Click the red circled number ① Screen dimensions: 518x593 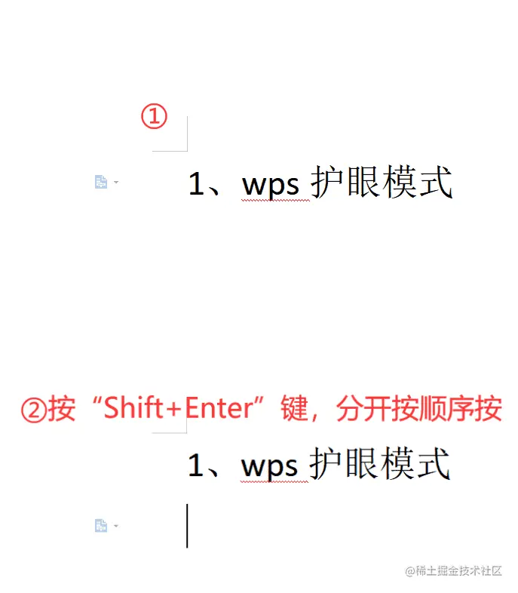point(155,117)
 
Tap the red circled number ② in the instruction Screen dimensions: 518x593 point(33,410)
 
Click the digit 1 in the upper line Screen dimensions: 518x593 point(196,183)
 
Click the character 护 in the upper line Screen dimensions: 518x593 point(327,183)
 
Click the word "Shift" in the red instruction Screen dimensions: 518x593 point(133,408)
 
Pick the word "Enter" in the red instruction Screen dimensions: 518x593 point(217,408)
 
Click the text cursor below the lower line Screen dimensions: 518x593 point(187,526)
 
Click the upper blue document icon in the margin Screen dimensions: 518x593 point(100,182)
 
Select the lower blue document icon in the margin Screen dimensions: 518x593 point(100,525)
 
